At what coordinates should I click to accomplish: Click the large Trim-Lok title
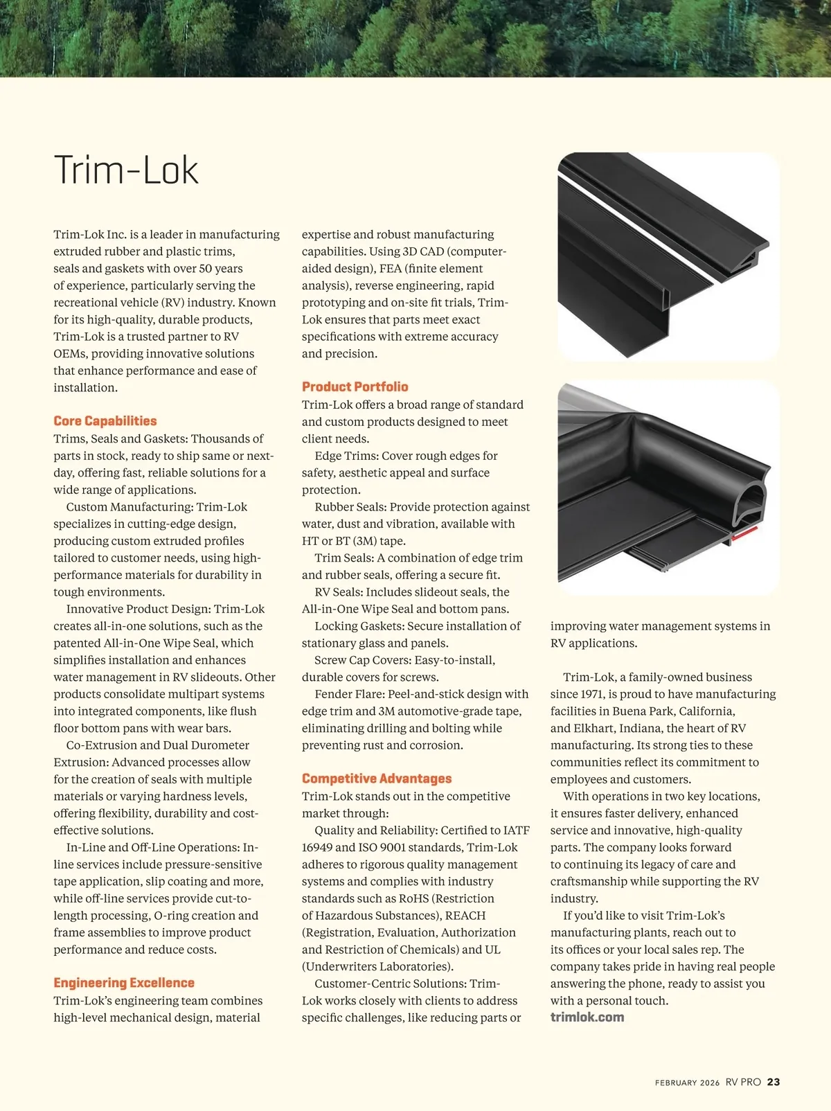coord(126,170)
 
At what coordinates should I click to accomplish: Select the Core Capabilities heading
coord(105,420)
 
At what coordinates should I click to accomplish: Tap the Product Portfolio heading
coord(355,386)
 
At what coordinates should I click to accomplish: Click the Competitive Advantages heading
coord(377,779)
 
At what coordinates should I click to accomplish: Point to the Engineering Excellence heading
coord(124,982)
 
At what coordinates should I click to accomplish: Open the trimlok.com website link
coord(587,1017)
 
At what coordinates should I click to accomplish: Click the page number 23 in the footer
coord(774,1082)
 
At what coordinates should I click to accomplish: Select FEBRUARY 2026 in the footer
coord(687,1083)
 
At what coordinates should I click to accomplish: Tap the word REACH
coord(465,916)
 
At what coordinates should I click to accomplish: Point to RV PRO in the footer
coord(743,1082)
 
